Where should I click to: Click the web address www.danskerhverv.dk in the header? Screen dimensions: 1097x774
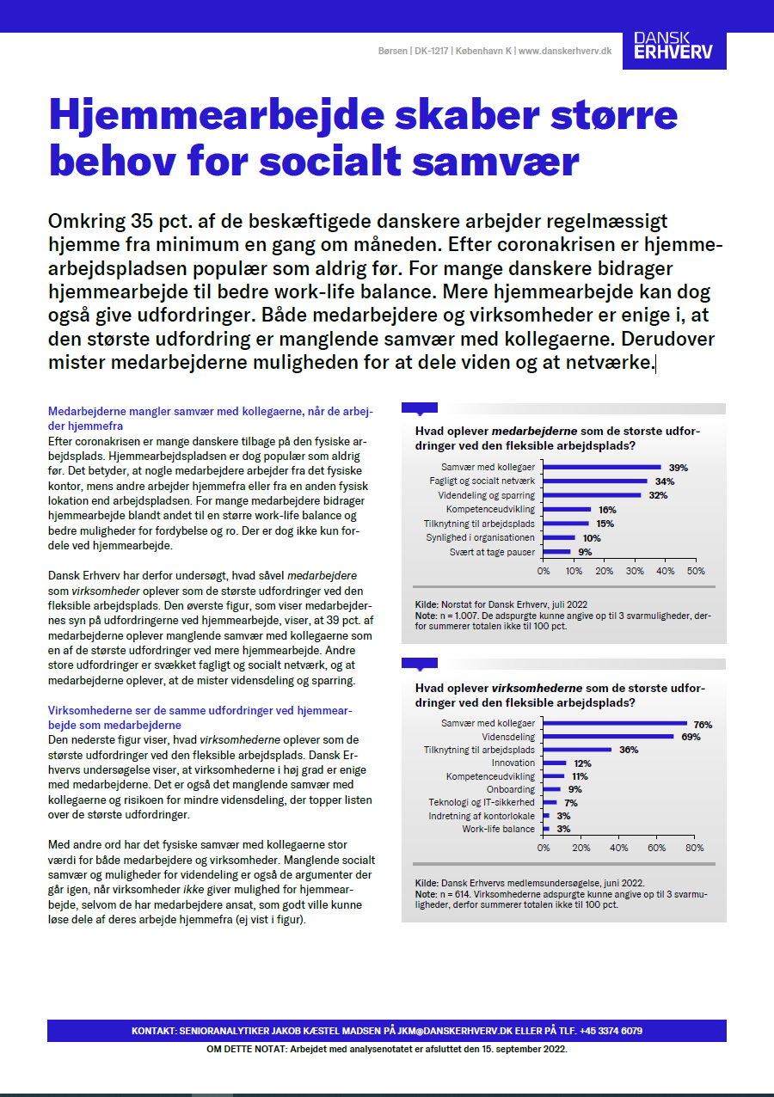point(565,52)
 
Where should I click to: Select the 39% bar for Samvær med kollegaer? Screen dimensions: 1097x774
point(602,468)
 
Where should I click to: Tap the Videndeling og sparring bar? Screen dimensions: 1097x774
point(593,495)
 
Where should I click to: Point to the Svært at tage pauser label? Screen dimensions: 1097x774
point(492,552)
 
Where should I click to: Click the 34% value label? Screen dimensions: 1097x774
point(664,481)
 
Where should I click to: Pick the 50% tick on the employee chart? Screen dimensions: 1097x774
point(695,571)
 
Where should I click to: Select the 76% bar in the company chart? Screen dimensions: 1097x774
point(615,724)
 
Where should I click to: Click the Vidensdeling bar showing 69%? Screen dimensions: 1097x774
point(609,737)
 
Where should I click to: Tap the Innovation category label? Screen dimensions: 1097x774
point(513,763)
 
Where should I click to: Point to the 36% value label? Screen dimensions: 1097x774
point(629,751)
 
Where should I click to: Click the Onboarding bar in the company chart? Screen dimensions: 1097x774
point(552,789)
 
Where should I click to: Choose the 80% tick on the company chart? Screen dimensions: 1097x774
point(695,848)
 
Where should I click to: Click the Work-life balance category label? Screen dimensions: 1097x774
point(499,829)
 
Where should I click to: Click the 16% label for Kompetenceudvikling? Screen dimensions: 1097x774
point(607,510)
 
